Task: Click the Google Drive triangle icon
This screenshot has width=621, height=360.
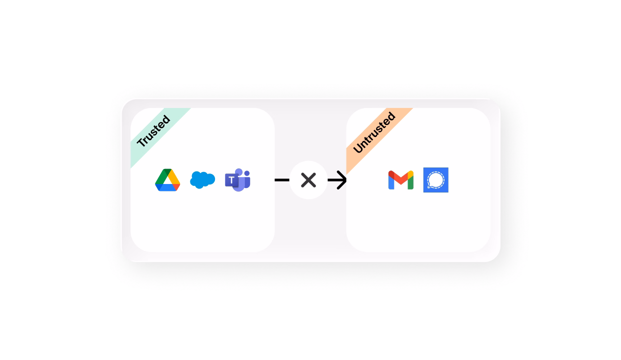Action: coord(167,180)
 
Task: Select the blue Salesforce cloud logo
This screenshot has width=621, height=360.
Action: coord(202,180)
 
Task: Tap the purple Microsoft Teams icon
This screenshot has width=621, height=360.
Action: coord(237,180)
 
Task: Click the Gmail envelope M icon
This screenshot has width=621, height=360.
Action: coord(401,180)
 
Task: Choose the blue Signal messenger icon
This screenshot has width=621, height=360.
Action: coord(436,180)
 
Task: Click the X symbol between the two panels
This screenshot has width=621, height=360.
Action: coord(308,180)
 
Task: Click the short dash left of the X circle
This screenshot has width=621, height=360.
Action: coord(282,180)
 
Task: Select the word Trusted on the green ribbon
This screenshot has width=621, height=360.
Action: coord(153,131)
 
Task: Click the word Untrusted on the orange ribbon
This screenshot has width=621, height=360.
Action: coord(374,132)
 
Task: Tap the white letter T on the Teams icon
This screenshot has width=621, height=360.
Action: coord(232,180)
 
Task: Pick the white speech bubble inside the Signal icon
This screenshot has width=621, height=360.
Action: coord(436,179)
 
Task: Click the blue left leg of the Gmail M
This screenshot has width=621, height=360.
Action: coord(390,182)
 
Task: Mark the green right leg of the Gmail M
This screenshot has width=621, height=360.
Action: coord(411,182)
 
